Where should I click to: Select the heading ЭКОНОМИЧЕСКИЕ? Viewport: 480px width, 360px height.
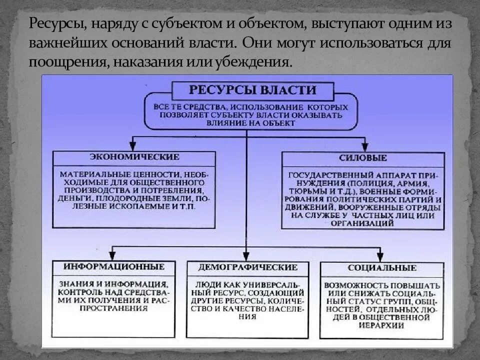(x=134, y=157)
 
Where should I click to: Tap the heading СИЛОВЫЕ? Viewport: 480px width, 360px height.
(x=363, y=158)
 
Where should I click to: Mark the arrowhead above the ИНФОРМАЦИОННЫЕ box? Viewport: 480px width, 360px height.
(x=113, y=255)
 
